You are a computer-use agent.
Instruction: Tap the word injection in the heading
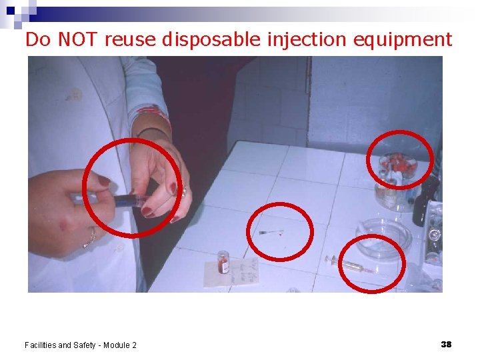pos(305,40)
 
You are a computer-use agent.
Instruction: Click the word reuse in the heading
pos(131,39)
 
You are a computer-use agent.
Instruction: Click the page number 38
pos(446,344)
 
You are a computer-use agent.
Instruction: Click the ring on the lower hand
pos(89,239)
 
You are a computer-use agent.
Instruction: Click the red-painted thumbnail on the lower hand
pos(104,181)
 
